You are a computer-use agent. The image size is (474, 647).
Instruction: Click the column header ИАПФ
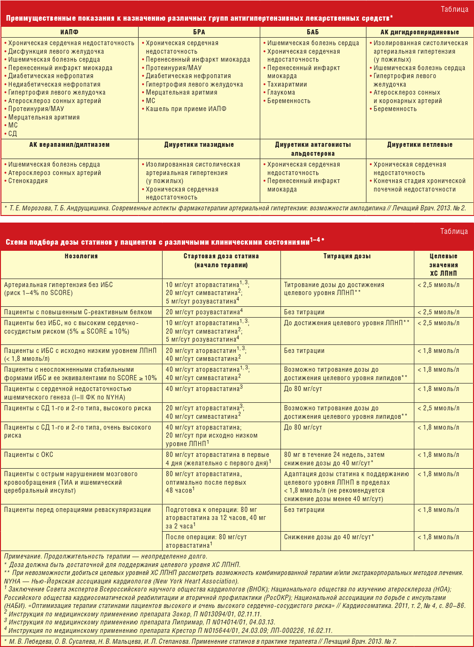[70, 32]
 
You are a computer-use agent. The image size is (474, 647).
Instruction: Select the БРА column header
[199, 32]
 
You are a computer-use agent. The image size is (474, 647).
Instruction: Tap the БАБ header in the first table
[313, 32]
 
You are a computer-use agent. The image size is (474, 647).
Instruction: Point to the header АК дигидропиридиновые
[420, 32]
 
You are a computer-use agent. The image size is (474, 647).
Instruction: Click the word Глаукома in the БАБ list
[281, 93]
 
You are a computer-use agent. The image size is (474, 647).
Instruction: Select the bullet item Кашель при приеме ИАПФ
[186, 109]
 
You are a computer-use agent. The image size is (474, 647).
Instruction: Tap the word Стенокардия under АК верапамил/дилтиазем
[28, 181]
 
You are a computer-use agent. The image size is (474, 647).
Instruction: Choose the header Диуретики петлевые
[420, 144]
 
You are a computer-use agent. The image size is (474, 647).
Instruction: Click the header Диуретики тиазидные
[199, 144]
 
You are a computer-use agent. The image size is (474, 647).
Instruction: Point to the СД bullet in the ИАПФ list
[12, 134]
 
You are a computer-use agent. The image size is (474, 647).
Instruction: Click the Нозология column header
[81, 256]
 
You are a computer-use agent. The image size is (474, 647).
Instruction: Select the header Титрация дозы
[347, 256]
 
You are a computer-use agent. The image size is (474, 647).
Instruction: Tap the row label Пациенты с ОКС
[29, 455]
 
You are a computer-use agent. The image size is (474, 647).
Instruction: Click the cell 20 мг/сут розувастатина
[204, 312]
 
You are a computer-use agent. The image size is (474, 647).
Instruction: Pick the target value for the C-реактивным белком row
[438, 312]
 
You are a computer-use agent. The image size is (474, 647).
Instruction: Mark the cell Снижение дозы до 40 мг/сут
[329, 537]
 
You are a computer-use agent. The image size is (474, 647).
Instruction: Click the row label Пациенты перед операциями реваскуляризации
[78, 510]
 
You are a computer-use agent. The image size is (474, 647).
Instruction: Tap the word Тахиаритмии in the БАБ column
[287, 84]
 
